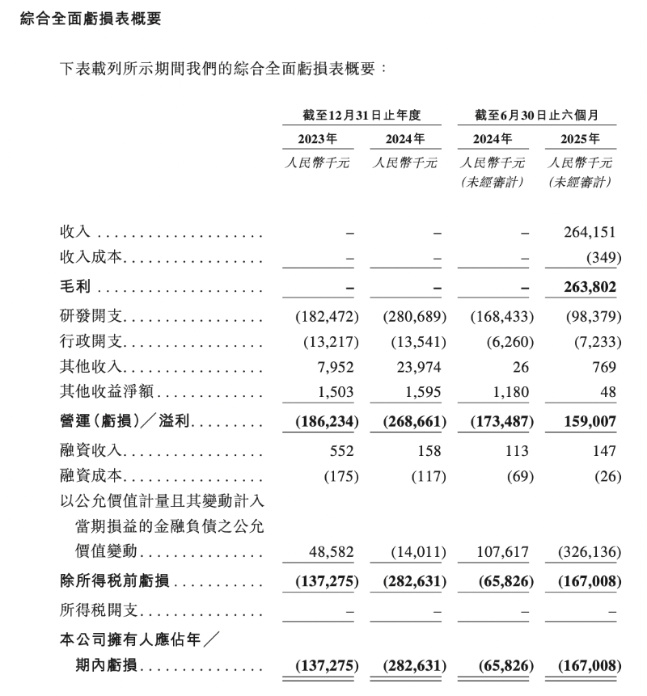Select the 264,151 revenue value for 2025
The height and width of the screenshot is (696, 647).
[x=590, y=233]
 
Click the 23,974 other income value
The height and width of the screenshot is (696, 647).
[x=420, y=366]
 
